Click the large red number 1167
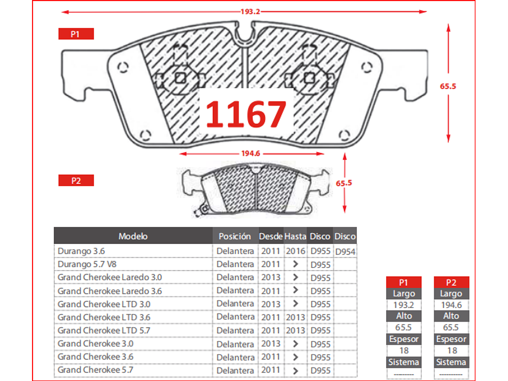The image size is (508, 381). click(x=246, y=114)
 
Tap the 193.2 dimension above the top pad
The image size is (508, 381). click(x=250, y=12)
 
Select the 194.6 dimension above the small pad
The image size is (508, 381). click(x=250, y=153)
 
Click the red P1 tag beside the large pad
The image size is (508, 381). click(x=76, y=34)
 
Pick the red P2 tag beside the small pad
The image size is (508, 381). click(x=76, y=180)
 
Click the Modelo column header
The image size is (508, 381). click(x=133, y=236)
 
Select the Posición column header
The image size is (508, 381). click(x=235, y=236)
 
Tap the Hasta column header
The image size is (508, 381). click(x=295, y=236)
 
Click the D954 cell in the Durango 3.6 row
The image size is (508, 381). click(x=345, y=252)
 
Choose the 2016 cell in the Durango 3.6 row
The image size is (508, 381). click(x=296, y=251)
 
